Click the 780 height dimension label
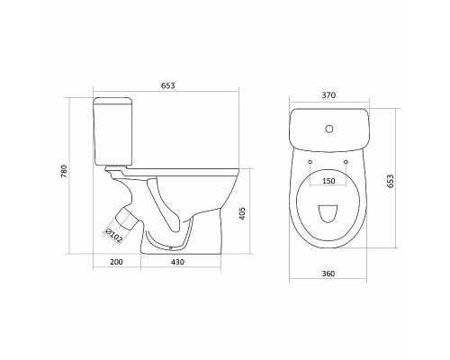[65, 171]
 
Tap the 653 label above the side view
[167, 85]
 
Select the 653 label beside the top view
[390, 181]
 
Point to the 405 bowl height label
[243, 213]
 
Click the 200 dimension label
[116, 262]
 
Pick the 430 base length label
[177, 262]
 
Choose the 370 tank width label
[328, 95]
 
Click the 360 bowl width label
[328, 274]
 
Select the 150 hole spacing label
[328, 181]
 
